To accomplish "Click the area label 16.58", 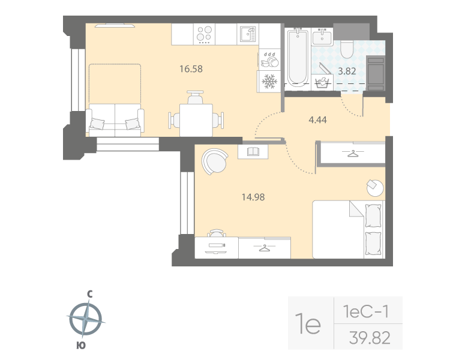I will [x=191, y=68].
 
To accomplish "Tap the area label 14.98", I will [x=252, y=196].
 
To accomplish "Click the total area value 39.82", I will [x=369, y=338].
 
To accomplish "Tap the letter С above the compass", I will [x=89, y=294].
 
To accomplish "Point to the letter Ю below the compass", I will [x=80, y=345].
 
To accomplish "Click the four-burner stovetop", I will [x=205, y=34].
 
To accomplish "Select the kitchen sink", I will [x=247, y=34].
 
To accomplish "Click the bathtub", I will [x=297, y=57].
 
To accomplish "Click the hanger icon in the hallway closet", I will [x=353, y=153].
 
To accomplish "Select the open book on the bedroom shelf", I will [x=253, y=152].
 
